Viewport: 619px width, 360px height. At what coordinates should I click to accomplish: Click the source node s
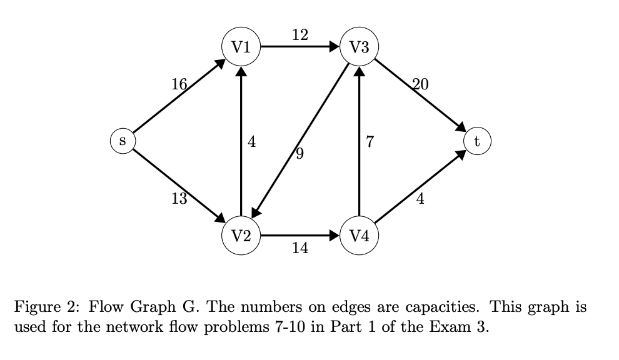(x=123, y=141)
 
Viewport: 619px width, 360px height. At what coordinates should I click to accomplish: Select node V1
(x=241, y=47)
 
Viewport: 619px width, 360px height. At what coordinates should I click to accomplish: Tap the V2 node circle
(x=241, y=236)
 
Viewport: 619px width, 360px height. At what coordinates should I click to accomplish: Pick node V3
(x=359, y=47)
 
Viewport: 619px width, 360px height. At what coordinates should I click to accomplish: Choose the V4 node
(x=359, y=236)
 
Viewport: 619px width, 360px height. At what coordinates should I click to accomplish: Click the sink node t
(x=477, y=141)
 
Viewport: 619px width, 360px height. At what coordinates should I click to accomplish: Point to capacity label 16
(x=179, y=84)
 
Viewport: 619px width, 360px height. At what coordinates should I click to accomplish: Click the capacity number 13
(x=179, y=199)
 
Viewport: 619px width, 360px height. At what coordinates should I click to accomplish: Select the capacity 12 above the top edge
(x=300, y=34)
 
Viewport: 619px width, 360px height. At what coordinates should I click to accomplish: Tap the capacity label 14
(x=300, y=249)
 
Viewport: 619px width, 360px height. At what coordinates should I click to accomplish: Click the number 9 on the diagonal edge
(x=299, y=154)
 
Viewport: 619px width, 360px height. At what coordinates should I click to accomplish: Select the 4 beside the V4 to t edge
(x=420, y=200)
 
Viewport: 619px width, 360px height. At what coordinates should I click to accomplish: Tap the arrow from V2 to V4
(x=300, y=236)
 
